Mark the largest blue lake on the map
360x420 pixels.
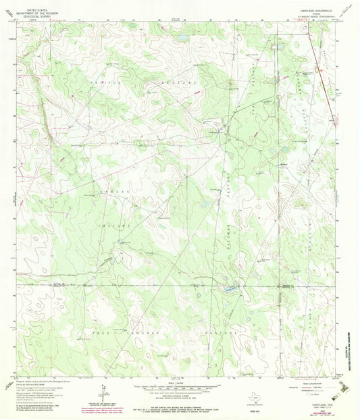(x=230, y=289)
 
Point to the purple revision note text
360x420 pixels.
(x=112, y=408)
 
